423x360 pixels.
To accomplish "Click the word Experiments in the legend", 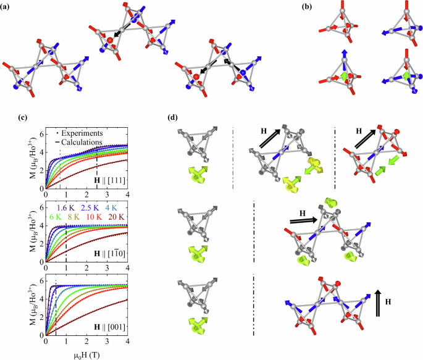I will pos(80,133).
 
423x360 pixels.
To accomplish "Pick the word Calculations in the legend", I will pos(80,143).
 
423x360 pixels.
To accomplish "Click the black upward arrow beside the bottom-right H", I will pos(379,304).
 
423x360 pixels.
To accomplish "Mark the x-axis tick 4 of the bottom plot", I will pos(127,341).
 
